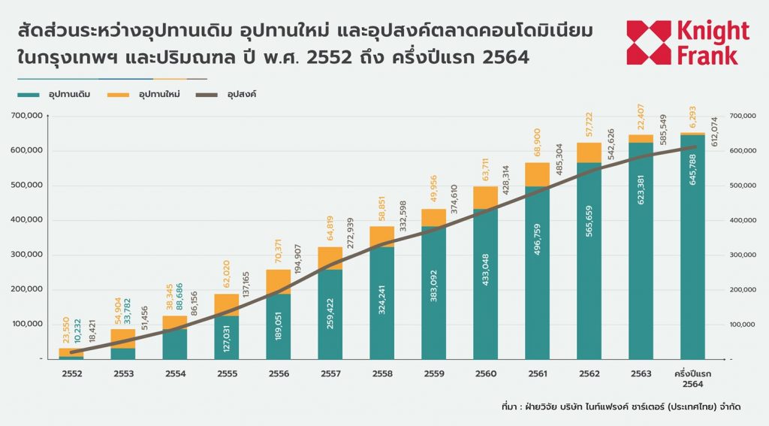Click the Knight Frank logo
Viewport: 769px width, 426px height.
coord(687,43)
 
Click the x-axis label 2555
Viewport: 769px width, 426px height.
coord(226,372)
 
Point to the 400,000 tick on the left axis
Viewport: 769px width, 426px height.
coord(26,220)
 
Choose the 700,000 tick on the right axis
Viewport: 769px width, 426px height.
coord(743,116)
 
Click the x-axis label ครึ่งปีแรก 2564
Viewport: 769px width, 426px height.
coord(693,377)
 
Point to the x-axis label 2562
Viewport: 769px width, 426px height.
coord(590,372)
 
